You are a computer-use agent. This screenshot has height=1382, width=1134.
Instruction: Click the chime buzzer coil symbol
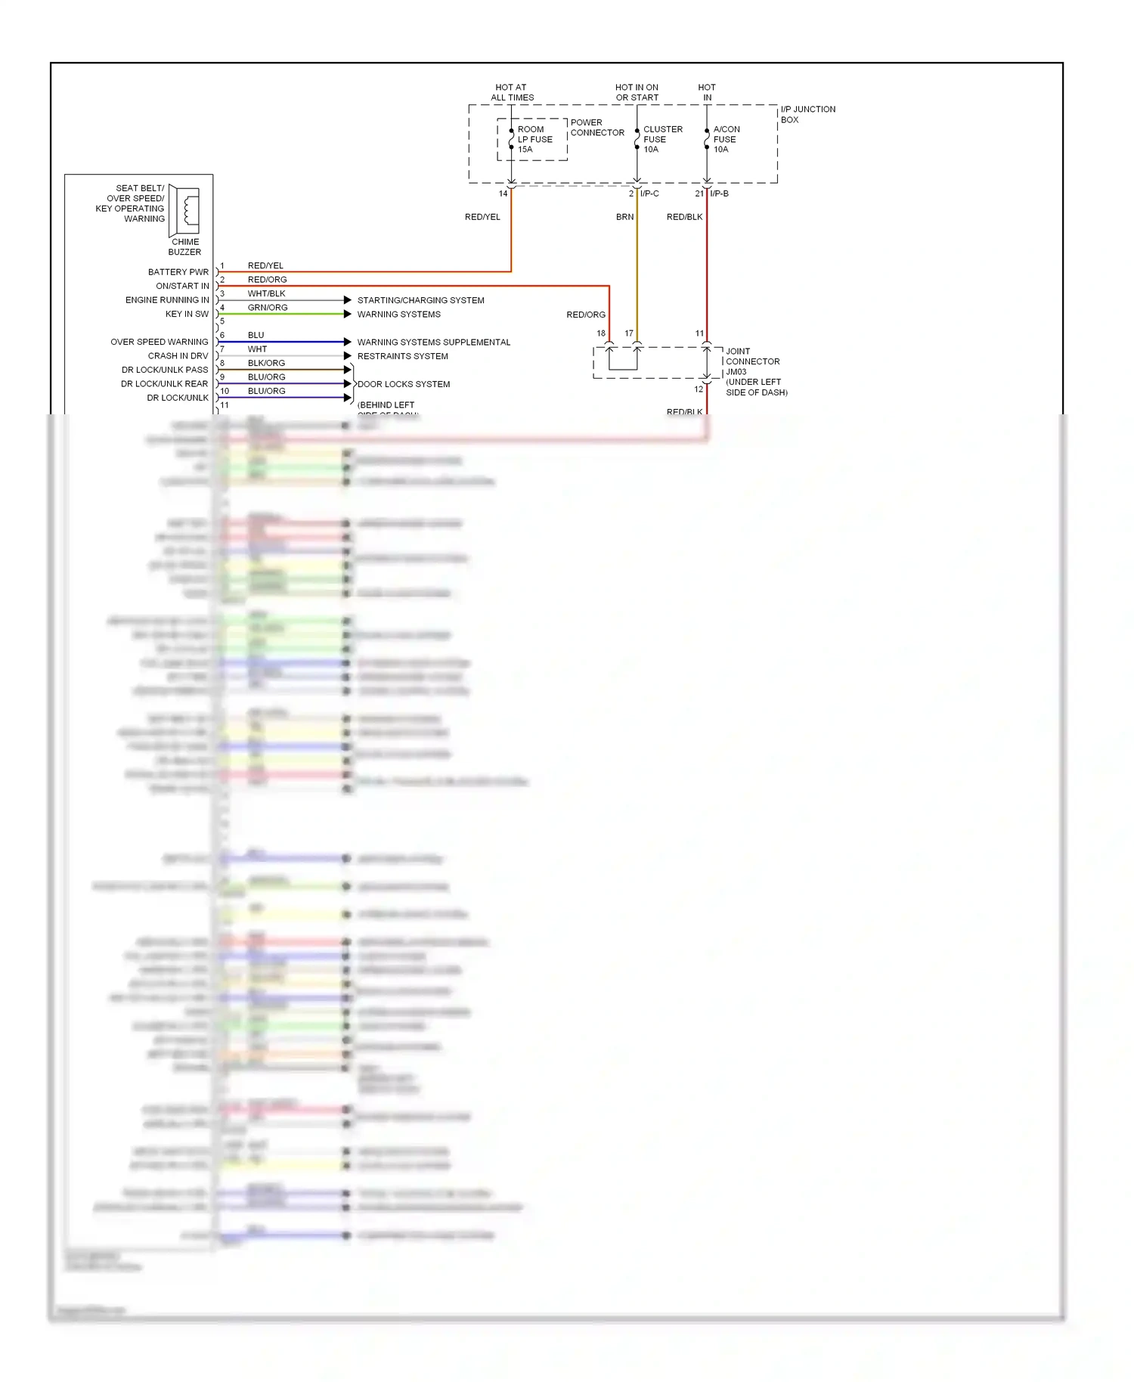(186, 209)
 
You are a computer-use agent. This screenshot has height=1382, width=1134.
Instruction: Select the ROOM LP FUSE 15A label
(534, 139)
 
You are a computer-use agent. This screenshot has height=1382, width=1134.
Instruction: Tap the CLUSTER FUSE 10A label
(662, 139)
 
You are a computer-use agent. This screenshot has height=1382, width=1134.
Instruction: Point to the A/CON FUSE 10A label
(726, 139)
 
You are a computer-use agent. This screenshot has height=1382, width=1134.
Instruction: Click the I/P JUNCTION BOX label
(807, 114)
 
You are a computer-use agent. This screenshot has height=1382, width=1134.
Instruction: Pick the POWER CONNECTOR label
(597, 127)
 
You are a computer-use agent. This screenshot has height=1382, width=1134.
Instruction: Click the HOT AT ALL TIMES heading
(512, 92)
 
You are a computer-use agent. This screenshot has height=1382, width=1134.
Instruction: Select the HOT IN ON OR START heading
(637, 92)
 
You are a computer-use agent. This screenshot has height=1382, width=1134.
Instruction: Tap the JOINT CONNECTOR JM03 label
(752, 361)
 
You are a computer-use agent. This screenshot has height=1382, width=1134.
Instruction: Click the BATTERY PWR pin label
(178, 272)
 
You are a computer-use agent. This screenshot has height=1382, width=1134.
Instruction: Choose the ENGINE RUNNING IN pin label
(167, 300)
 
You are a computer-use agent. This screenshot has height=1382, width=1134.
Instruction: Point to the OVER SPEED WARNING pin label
(159, 342)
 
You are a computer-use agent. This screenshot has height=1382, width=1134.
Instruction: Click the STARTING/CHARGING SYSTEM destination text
(420, 300)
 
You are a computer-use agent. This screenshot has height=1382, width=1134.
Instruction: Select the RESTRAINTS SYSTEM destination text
(402, 356)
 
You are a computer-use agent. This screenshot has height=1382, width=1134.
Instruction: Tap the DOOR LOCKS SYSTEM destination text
(404, 384)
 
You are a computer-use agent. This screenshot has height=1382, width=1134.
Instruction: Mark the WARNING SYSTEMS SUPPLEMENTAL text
(433, 342)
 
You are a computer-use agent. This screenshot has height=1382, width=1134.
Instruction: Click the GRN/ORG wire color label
(268, 308)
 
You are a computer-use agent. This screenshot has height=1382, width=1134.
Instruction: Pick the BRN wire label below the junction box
(624, 217)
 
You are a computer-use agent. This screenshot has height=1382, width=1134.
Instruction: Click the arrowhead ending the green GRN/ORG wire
(348, 314)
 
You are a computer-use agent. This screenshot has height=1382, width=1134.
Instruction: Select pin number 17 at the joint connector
(629, 333)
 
